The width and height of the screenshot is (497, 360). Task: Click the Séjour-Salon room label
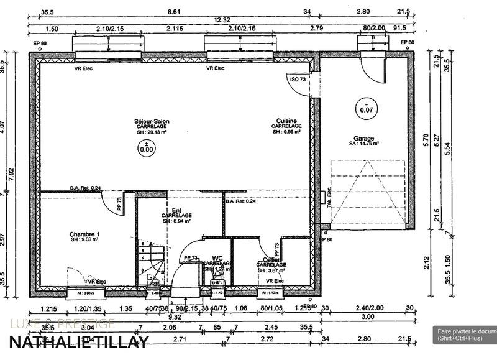click(x=152, y=121)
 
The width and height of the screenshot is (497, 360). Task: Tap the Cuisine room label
click(x=286, y=121)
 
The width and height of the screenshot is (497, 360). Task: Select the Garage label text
click(x=364, y=139)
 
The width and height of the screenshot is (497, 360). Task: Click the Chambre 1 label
click(x=84, y=234)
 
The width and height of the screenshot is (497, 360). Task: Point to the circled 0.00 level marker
click(x=147, y=147)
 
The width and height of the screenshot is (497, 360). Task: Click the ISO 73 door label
click(x=298, y=80)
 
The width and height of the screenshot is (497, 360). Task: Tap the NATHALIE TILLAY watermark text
click(x=79, y=341)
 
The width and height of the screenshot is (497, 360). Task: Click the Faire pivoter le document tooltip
click(x=466, y=335)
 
